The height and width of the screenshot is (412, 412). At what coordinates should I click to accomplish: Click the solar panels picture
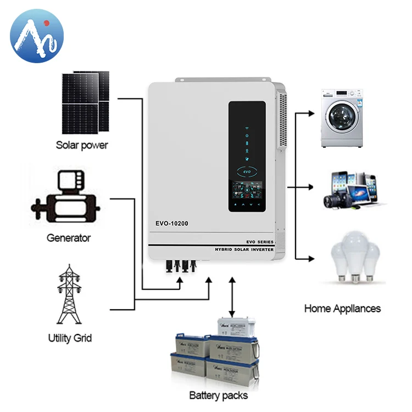85,102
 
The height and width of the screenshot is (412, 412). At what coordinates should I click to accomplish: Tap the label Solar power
82,146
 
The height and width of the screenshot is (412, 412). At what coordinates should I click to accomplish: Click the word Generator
69,238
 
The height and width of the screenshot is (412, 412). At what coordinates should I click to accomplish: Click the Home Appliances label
342,308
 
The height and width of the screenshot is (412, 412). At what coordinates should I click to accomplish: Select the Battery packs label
219,395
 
